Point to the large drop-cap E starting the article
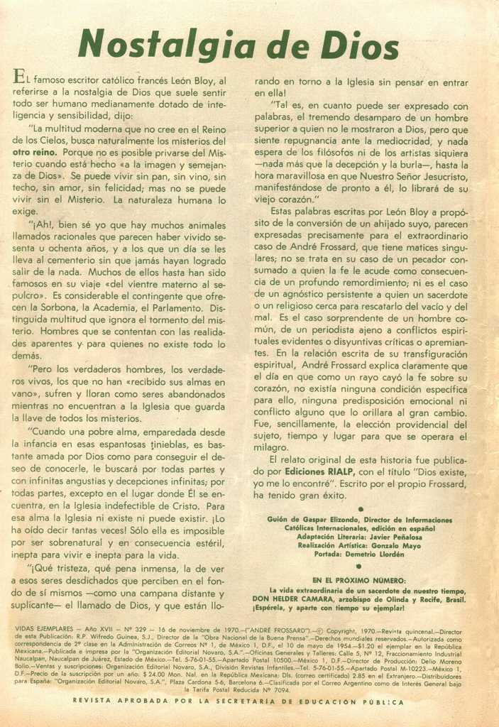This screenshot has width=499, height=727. (21, 78)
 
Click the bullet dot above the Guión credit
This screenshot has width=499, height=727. (361, 509)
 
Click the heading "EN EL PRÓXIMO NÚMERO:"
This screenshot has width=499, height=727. (359, 580)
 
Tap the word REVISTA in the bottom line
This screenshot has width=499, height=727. (95, 701)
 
